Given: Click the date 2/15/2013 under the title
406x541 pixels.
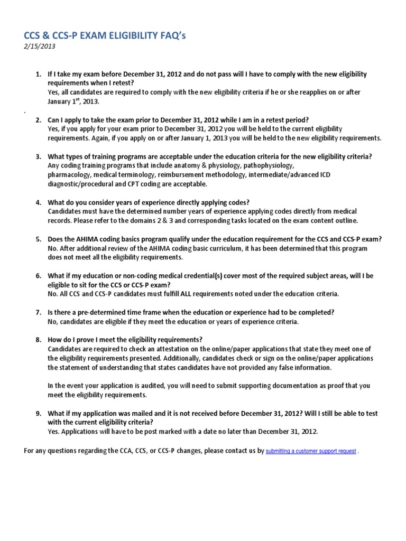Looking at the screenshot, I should [40, 46].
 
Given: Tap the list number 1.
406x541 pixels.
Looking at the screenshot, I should [38, 74].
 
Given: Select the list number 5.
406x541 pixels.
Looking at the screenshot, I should [38, 239].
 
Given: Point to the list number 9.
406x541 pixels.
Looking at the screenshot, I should [38, 413].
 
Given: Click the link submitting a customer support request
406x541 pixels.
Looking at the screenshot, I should [311, 452].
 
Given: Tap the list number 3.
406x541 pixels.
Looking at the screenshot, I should [38, 156].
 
